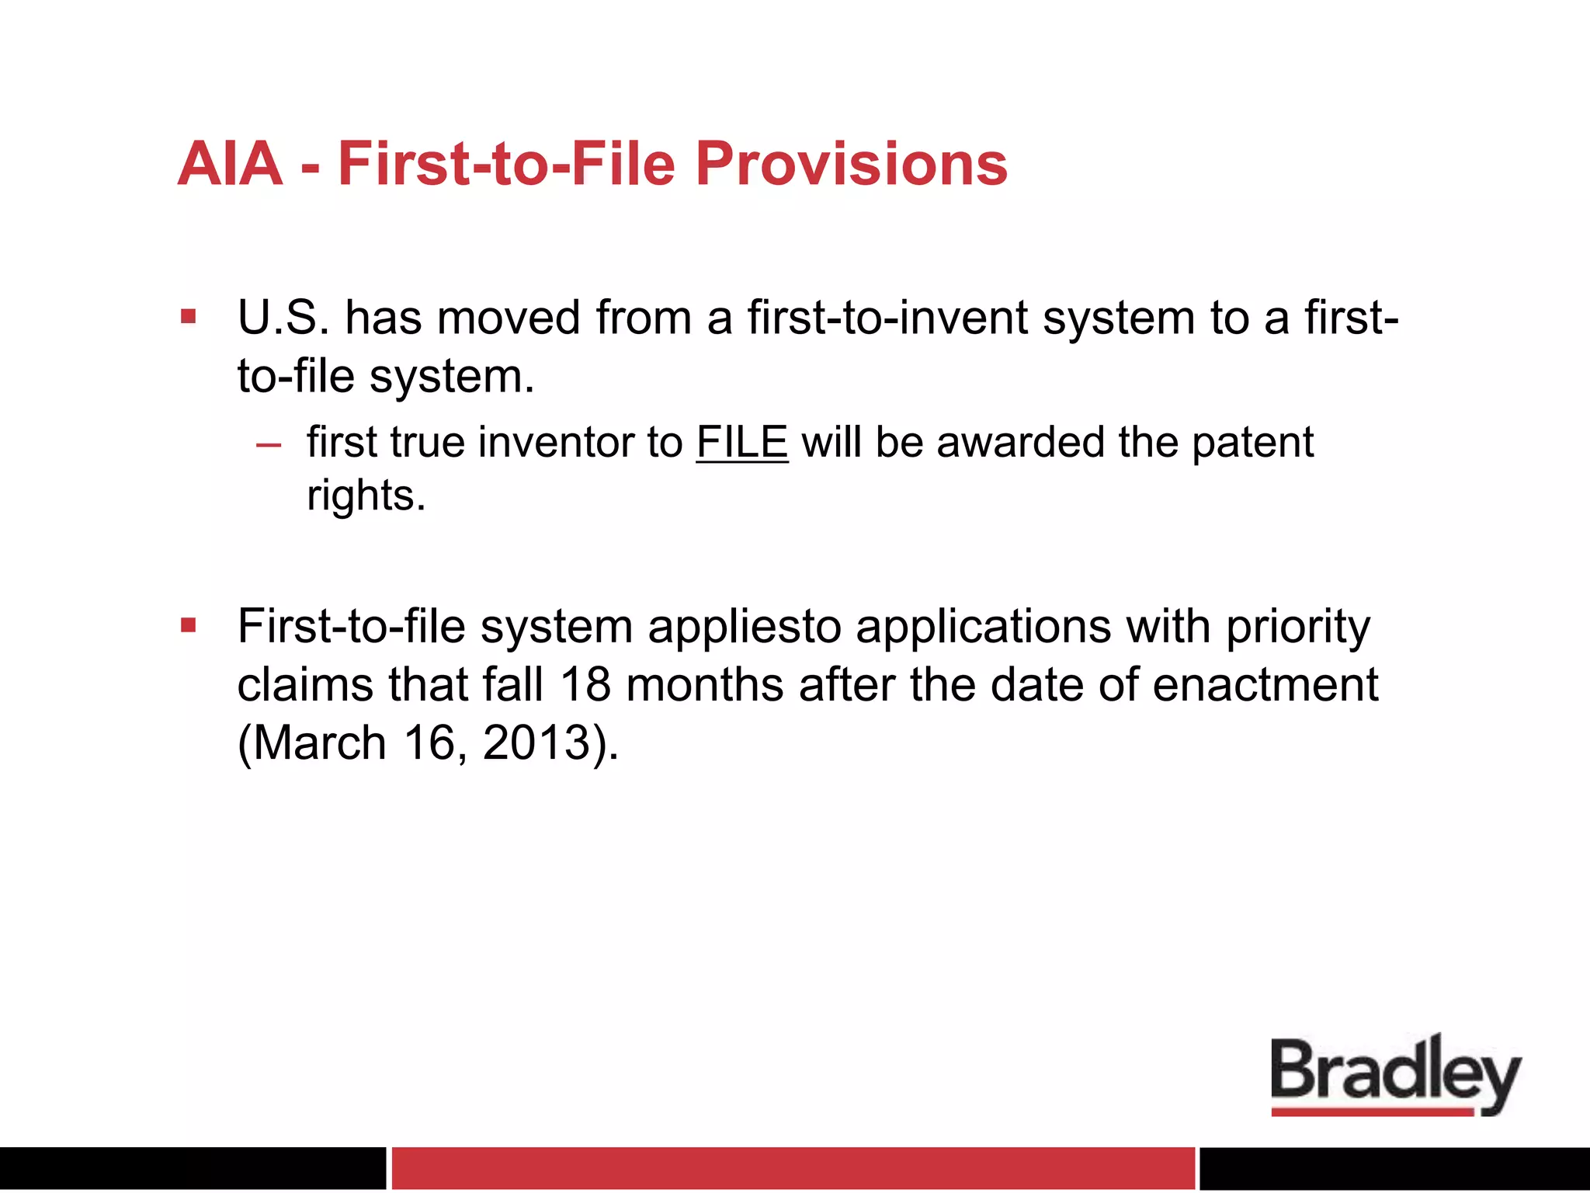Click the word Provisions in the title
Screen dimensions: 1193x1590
click(x=851, y=164)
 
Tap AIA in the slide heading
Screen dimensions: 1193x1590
click(x=230, y=164)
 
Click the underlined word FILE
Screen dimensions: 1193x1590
click(x=741, y=443)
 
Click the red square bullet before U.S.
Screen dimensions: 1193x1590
click(x=188, y=317)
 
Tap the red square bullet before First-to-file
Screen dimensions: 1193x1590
click(x=188, y=625)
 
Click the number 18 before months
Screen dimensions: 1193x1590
click(x=585, y=685)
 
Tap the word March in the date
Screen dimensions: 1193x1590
click(x=320, y=743)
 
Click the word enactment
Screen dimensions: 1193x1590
click(x=1265, y=685)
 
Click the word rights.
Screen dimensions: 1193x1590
click(x=365, y=496)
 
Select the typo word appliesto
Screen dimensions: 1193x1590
click(x=745, y=628)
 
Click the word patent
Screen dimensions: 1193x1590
click(x=1252, y=443)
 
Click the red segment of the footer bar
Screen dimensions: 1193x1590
click(x=792, y=1167)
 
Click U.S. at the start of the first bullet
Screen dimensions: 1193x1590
click(x=283, y=318)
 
